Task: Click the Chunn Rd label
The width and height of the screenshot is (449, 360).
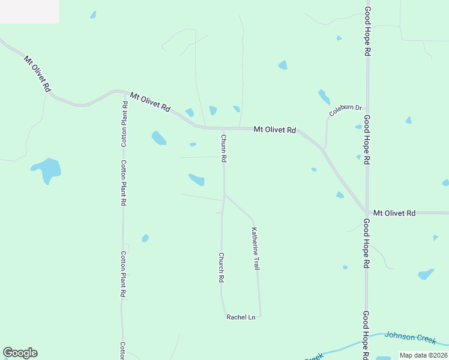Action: point(223,149)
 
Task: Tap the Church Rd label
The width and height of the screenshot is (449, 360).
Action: point(221,267)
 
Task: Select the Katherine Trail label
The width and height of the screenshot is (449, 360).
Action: point(256,248)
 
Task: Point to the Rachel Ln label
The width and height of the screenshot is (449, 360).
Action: point(241,317)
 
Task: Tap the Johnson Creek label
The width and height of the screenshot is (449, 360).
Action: point(410,338)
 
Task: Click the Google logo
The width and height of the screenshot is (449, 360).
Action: point(20,353)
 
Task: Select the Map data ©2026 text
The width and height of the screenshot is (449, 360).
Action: point(423,355)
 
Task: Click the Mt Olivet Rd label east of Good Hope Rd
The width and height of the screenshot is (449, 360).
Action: point(394,213)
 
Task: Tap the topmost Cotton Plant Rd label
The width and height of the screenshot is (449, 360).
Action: point(124,124)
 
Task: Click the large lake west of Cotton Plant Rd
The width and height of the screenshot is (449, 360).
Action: point(47,169)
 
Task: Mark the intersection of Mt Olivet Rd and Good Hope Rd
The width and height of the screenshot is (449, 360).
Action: point(367,212)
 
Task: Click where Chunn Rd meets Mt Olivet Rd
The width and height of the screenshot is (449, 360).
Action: point(224,128)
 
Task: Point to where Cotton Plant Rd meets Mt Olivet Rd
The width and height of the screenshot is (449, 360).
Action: point(124,93)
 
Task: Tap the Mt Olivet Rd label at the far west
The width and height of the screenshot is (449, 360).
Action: point(37,73)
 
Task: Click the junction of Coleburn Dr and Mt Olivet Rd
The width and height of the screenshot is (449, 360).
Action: point(324,149)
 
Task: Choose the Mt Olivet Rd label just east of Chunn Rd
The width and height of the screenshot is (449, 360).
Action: point(275,129)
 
